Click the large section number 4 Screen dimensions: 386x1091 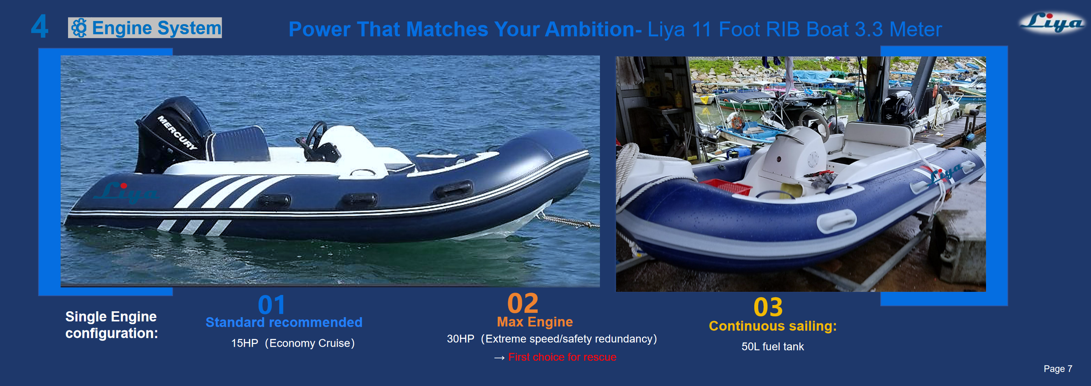click(39, 26)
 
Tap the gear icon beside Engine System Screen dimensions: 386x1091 click(79, 28)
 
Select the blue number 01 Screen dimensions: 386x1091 click(271, 305)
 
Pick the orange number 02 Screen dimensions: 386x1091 click(523, 303)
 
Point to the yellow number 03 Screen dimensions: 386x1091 click(768, 307)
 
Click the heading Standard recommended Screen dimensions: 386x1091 click(284, 323)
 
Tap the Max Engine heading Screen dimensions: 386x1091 click(535, 322)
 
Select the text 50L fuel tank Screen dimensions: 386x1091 click(772, 347)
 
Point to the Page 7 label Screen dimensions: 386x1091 click(1058, 368)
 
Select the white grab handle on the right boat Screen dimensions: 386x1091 click(836, 221)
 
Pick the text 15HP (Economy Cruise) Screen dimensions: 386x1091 click(293, 343)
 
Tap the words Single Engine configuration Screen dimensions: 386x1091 click(111, 325)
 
